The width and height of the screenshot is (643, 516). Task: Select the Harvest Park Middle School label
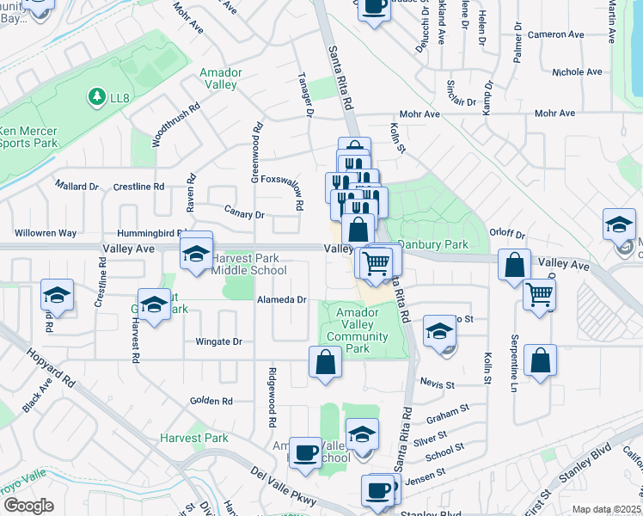[x=248, y=264]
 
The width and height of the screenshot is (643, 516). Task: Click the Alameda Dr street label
[x=282, y=299]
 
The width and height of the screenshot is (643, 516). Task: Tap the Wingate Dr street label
[x=218, y=341]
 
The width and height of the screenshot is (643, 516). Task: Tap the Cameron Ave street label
[x=558, y=34]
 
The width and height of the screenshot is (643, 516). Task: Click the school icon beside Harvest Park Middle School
[x=196, y=253]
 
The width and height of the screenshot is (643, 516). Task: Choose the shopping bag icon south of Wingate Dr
[x=326, y=362]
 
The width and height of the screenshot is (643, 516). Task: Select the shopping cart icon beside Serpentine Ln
[x=540, y=294]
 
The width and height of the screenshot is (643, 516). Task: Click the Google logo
[x=28, y=506]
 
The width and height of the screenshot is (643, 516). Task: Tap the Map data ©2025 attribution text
[x=606, y=509]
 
